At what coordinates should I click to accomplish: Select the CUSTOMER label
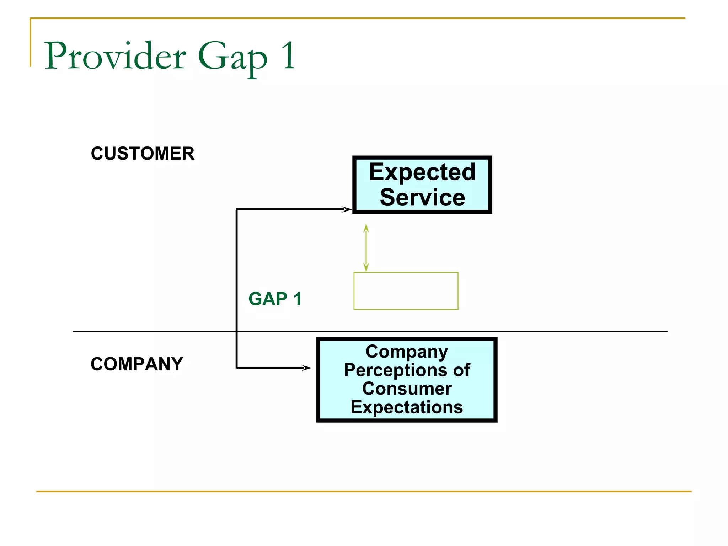tap(143, 154)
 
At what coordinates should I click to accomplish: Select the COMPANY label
tap(136, 364)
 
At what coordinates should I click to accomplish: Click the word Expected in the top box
tap(422, 172)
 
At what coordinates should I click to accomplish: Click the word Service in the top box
tap(422, 197)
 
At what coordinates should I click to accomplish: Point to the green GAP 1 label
tap(275, 299)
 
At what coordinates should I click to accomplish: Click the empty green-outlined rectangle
tap(406, 291)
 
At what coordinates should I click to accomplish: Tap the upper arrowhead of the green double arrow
tap(366, 228)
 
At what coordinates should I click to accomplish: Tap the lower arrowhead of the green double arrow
tap(366, 267)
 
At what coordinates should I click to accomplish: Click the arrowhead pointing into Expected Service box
tap(347, 209)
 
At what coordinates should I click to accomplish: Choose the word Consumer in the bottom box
tap(407, 389)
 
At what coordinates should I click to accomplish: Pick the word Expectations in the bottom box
tap(407, 407)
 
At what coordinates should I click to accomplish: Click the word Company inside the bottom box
tap(407, 352)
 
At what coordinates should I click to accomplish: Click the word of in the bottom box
tap(461, 370)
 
